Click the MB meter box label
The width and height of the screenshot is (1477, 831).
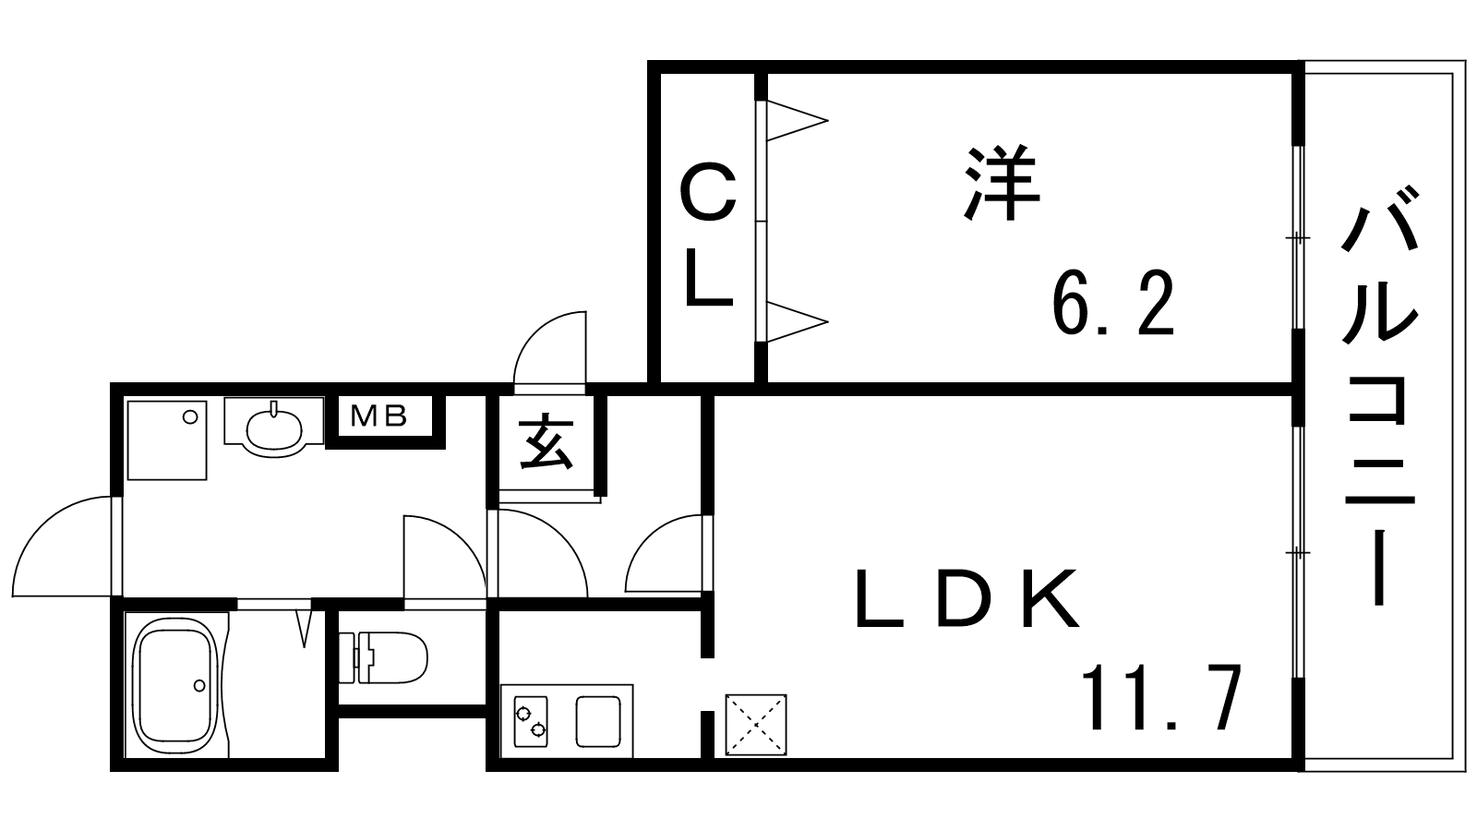[378, 416]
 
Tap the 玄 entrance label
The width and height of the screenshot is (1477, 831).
[546, 442]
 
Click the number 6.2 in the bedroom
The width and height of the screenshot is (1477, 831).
[1112, 303]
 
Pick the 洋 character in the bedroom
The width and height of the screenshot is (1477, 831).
[1003, 183]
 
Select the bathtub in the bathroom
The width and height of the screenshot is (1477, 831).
[174, 686]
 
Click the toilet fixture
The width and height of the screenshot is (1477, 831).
[383, 657]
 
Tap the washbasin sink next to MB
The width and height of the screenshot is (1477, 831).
[274, 425]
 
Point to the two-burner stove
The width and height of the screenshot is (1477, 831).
[531, 721]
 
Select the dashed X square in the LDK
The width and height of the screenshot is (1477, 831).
[756, 724]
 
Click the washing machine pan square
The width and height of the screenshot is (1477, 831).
[167, 440]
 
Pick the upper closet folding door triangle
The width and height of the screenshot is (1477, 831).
[798, 121]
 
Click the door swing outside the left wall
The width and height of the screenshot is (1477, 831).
[62, 546]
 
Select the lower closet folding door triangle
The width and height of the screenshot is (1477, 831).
[798, 322]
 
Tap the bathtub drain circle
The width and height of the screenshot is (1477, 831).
[199, 686]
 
